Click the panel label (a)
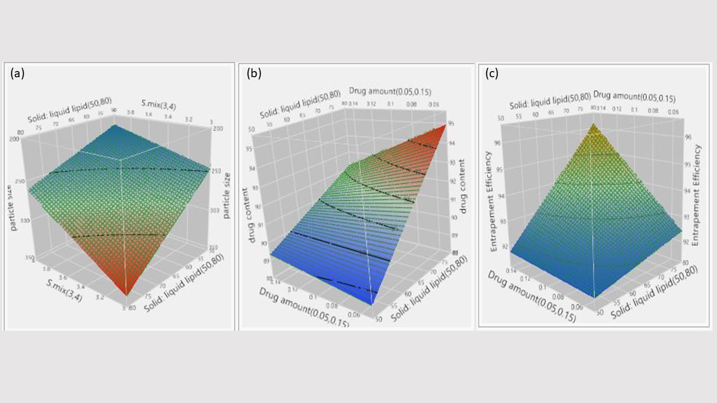pos(17,73)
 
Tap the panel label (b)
pos(254,73)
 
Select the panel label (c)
pos(491,73)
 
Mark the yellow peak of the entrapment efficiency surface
pos(593,124)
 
